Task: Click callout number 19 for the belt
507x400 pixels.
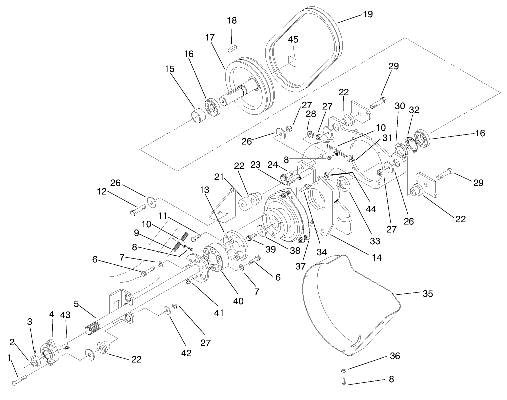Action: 367,15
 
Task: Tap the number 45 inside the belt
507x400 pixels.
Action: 293,40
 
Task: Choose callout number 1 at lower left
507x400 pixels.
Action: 9,358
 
